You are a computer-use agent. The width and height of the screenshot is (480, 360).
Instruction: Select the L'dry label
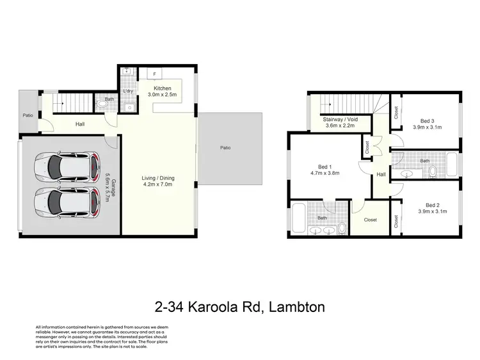pyautogui.click(x=127, y=90)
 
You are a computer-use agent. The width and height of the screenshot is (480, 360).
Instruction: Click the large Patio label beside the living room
pyautogui.click(x=225, y=147)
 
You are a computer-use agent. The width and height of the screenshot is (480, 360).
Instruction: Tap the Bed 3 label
pyautogui.click(x=427, y=120)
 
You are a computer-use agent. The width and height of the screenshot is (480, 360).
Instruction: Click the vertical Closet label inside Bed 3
pyautogui.click(x=397, y=113)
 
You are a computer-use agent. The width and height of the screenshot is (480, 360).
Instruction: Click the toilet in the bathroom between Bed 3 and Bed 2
pyautogui.click(x=431, y=172)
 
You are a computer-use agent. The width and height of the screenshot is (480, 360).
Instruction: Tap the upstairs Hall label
pyautogui.click(x=381, y=174)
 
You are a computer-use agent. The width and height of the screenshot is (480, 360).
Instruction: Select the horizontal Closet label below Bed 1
pyautogui.click(x=370, y=220)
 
